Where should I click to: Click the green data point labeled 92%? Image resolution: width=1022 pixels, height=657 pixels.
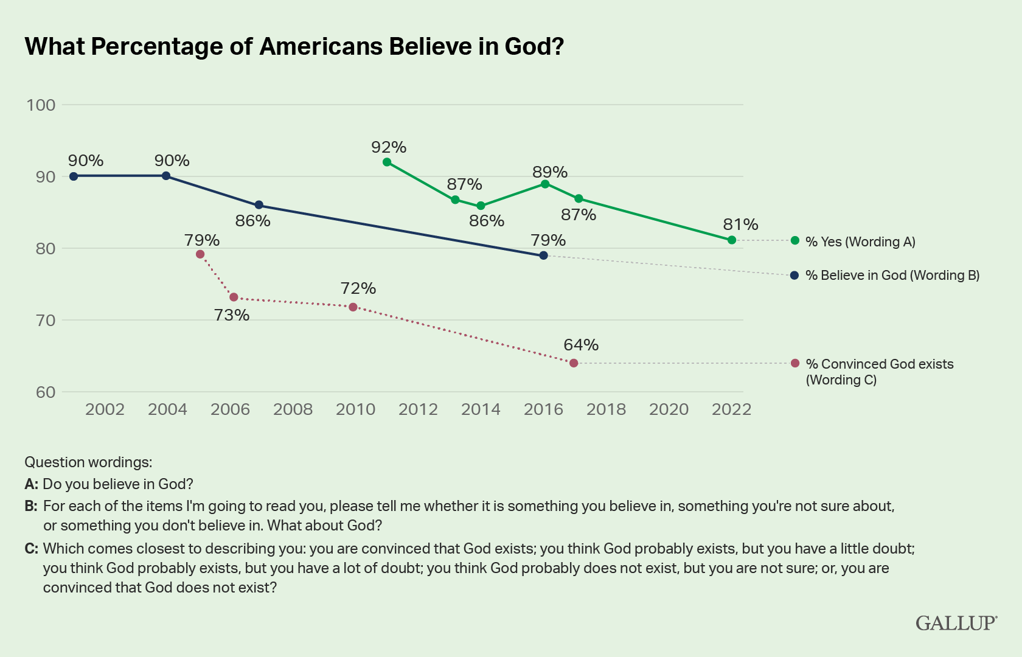tap(387, 162)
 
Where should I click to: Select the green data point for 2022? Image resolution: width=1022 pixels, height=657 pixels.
tap(732, 240)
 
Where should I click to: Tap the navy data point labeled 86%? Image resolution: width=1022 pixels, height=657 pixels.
tap(259, 205)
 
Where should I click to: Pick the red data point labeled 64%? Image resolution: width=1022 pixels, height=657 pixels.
tap(574, 363)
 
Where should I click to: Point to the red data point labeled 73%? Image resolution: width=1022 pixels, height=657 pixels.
tap(234, 297)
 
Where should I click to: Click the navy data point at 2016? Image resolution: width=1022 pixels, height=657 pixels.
tap(544, 255)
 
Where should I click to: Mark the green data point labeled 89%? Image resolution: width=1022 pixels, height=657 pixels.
tap(545, 184)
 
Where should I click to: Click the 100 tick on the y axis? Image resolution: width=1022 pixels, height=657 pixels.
tap(41, 105)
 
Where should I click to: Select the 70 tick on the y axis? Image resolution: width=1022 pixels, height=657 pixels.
tap(41, 320)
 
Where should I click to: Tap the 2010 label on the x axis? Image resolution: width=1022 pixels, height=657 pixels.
tap(355, 409)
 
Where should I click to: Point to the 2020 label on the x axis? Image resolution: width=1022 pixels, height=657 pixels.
tap(669, 409)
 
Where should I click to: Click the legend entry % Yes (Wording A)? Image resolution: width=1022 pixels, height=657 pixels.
tap(860, 242)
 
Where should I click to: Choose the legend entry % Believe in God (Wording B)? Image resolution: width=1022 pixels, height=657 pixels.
tap(892, 276)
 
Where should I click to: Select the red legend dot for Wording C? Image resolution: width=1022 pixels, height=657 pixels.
tap(795, 363)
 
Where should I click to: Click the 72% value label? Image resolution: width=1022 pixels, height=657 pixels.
tap(358, 288)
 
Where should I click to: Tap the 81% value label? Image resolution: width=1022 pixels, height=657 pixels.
tap(740, 224)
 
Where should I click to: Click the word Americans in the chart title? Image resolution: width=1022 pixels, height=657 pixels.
tap(320, 46)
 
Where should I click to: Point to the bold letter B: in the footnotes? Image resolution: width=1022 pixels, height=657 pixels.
tap(31, 506)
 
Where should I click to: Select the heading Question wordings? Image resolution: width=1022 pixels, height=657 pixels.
tap(88, 462)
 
